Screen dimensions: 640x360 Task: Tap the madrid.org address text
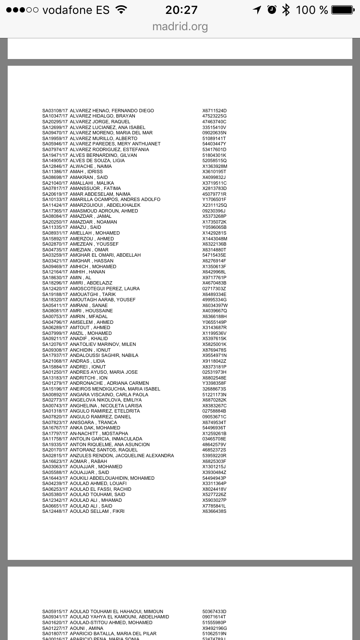[180, 26]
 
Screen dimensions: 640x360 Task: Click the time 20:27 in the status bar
[181, 10]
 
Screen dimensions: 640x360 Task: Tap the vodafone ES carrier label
[76, 10]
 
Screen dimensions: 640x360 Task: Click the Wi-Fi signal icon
[121, 10]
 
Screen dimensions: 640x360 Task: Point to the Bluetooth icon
[286, 10]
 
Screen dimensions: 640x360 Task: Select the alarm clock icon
[272, 10]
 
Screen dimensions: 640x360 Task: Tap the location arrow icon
[257, 10]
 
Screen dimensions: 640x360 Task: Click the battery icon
[342, 10]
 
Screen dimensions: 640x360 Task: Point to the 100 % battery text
[312, 10]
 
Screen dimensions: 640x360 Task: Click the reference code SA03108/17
[55, 111]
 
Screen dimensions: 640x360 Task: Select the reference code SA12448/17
[55, 511]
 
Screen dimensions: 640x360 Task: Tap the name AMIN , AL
[81, 278]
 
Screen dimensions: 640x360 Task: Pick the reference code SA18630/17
[55, 278]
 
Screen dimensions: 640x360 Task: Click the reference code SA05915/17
[55, 612]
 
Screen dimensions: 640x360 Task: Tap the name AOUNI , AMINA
[86, 628]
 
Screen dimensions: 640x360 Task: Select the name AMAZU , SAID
[85, 227]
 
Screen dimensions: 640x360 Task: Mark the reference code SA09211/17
[55, 339]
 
